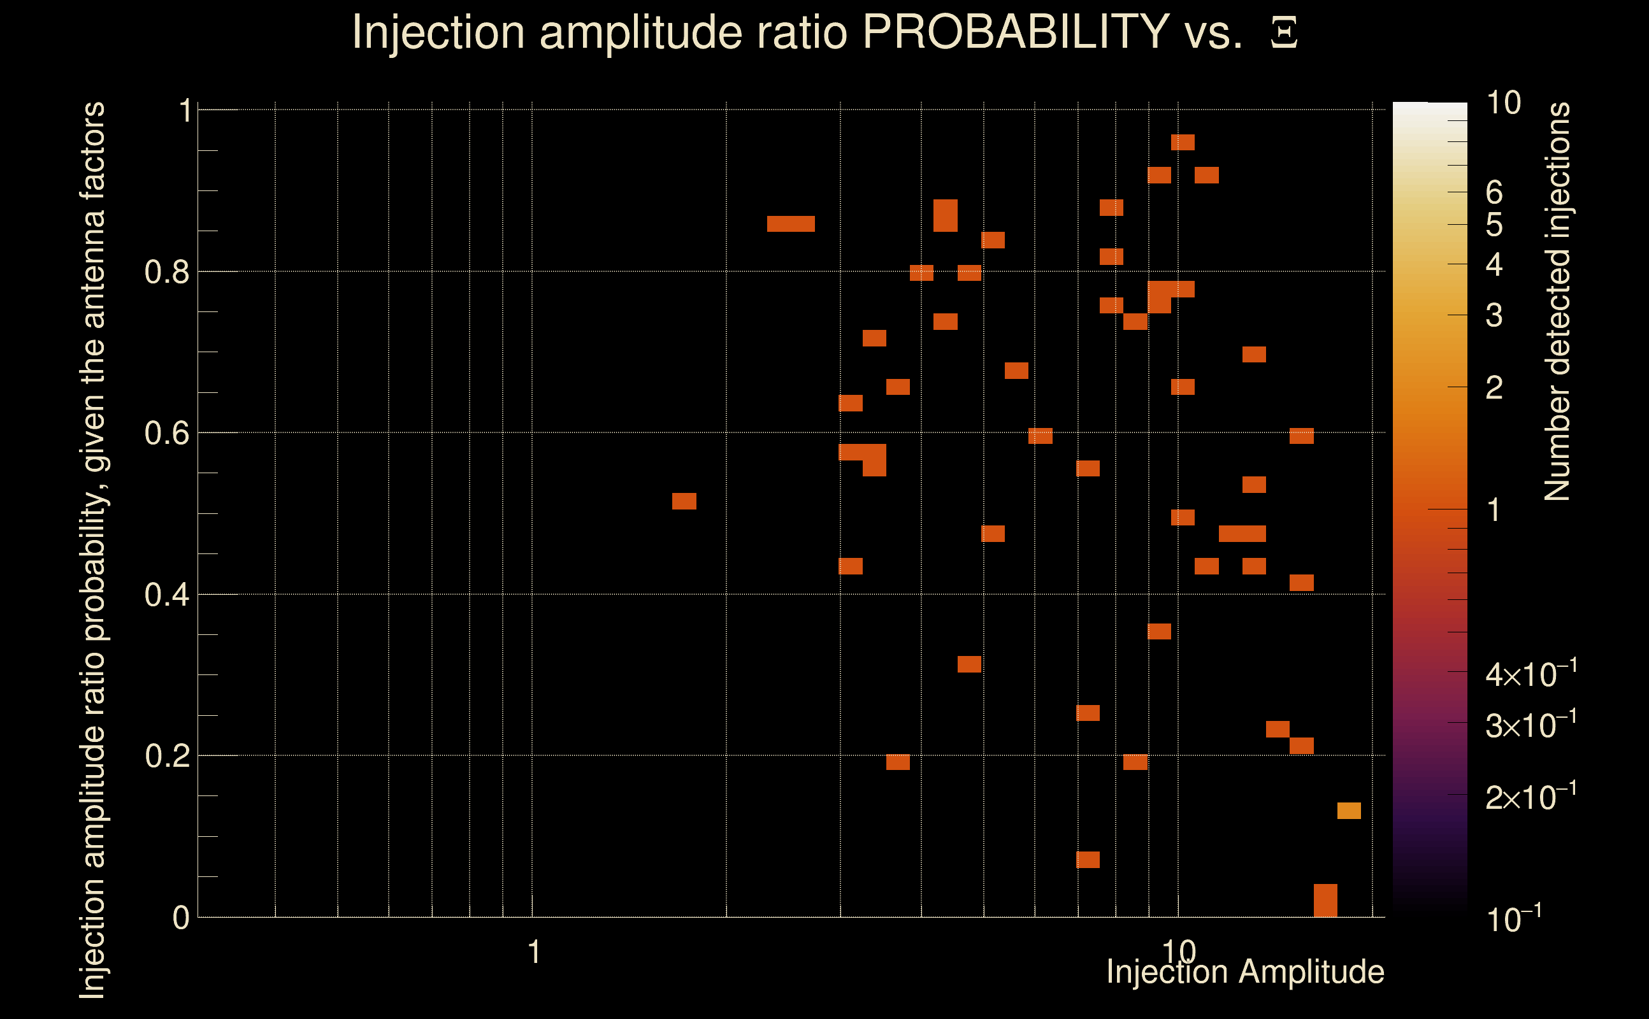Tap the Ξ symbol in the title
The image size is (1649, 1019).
[1284, 33]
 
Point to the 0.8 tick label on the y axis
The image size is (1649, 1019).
[166, 273]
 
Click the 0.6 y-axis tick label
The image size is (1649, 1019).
[166, 433]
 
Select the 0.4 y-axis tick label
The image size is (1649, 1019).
[166, 595]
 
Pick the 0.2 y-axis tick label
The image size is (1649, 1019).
[166, 756]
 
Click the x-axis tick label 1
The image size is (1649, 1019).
[534, 952]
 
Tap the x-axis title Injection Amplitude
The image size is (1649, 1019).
[1245, 972]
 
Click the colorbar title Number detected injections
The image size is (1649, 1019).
[1557, 301]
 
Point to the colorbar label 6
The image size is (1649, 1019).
[1494, 193]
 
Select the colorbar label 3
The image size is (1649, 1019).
[1494, 315]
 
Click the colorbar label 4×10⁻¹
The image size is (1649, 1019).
[1530, 674]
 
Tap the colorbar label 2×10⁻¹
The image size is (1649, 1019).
[1530, 797]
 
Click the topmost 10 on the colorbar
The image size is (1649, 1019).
[1503, 103]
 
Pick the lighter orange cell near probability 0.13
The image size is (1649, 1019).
[1348, 811]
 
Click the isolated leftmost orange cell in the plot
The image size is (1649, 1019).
[684, 501]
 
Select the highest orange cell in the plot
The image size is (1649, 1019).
[1183, 142]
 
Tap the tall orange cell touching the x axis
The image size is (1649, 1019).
[1325, 901]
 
